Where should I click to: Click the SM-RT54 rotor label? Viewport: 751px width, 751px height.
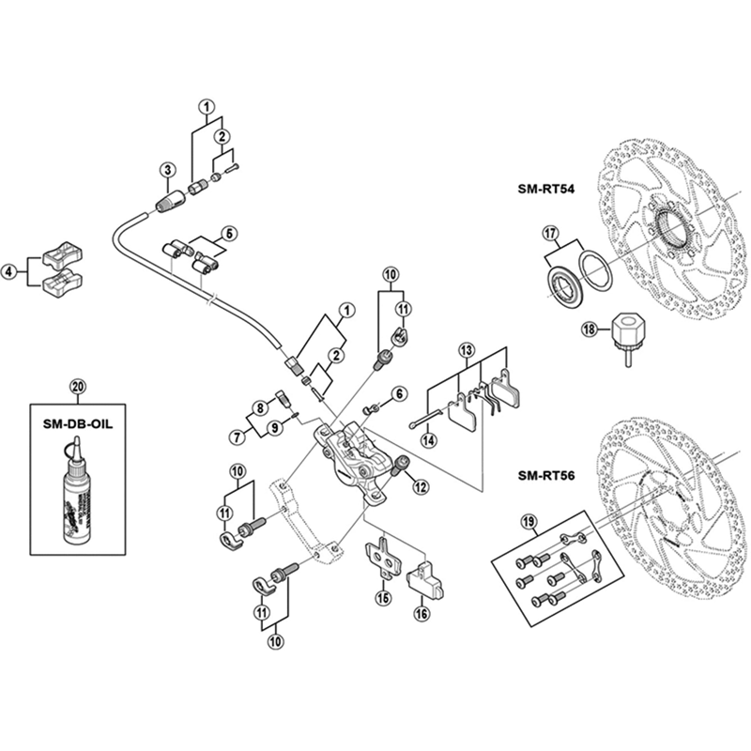point(545,188)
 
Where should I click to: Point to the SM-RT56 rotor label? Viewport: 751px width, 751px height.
point(545,474)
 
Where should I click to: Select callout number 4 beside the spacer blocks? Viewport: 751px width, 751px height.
point(8,273)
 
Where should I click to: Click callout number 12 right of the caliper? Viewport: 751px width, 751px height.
point(419,485)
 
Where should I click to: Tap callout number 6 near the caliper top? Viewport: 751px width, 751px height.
point(398,393)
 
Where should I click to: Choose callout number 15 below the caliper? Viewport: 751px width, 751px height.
point(382,596)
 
